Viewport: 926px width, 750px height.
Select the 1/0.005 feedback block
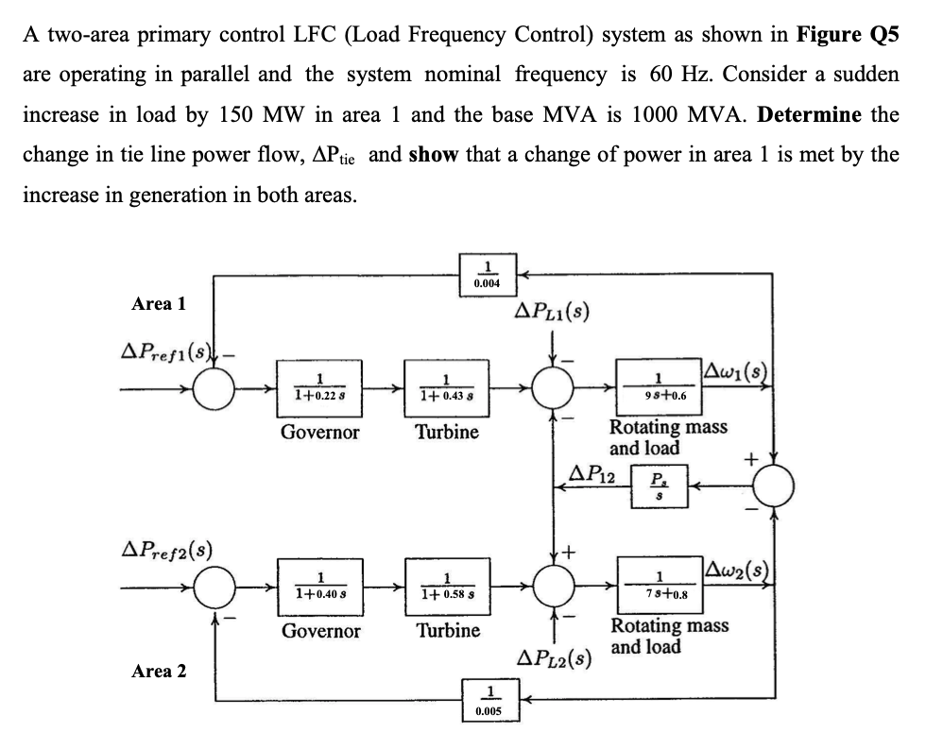[488, 700]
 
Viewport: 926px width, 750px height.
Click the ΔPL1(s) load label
[552, 313]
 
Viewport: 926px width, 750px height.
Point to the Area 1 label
[159, 304]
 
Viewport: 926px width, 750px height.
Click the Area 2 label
[159, 672]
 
